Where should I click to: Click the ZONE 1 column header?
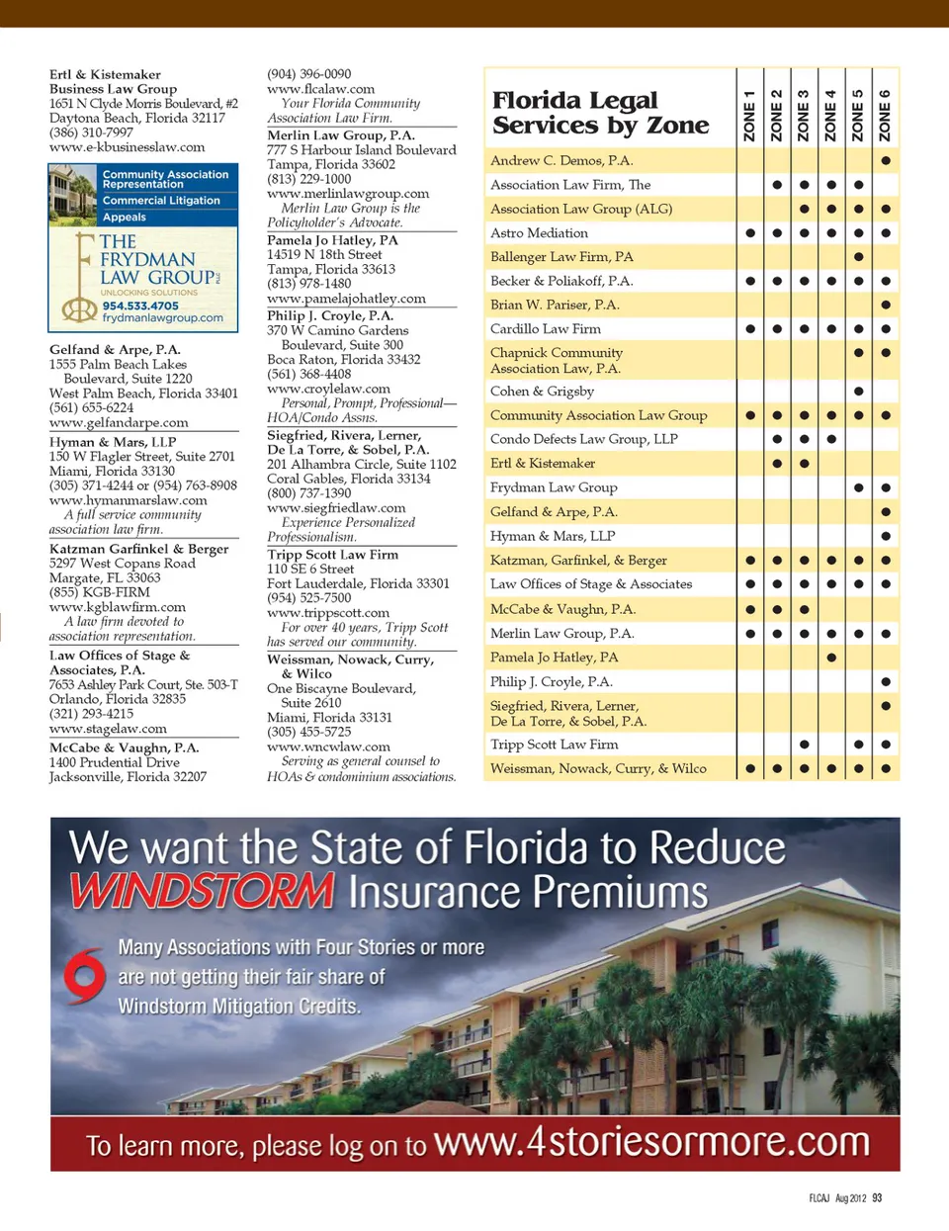point(749,115)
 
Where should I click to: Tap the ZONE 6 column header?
point(885,115)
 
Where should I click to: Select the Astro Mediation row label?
point(539,233)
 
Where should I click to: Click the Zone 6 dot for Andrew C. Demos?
point(886,160)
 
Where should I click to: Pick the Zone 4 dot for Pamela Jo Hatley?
point(831,658)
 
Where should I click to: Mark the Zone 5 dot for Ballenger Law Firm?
point(858,257)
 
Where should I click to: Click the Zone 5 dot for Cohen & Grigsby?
point(858,392)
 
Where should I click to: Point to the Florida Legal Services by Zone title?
point(600,113)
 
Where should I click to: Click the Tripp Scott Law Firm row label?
point(554,745)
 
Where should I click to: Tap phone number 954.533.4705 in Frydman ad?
point(140,307)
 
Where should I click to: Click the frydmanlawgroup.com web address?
point(162,318)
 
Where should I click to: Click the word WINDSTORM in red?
point(203,891)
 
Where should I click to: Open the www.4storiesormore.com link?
point(651,1142)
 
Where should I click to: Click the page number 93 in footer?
point(877,1198)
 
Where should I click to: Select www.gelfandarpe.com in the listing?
point(119,423)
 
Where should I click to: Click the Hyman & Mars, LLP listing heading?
point(113,442)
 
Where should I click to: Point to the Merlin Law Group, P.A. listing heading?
point(340,135)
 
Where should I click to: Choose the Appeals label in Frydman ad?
point(125,218)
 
